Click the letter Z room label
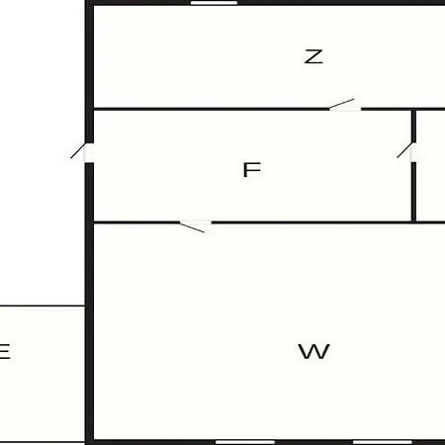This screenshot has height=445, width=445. coord(313,56)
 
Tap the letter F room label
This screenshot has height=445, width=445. coord(252,170)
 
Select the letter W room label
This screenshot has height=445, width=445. coord(313,351)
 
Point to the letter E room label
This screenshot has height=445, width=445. coord(4,351)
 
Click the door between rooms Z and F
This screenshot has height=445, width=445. coord(344,106)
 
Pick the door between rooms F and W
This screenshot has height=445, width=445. coord(195,225)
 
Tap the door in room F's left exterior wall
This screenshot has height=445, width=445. coord(82,152)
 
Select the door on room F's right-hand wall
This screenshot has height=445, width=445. coord(406,152)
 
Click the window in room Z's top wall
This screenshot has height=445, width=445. coord(214,3)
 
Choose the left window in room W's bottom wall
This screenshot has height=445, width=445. coord(245,442)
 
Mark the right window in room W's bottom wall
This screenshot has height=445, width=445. coord(383,442)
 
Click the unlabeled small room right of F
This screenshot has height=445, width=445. coord(430,165)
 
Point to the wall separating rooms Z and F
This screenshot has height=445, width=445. coord(212,109)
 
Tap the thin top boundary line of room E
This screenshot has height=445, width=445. coord(43,306)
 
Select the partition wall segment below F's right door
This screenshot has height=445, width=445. coord(413,192)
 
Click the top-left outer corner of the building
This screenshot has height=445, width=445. coord(85,1)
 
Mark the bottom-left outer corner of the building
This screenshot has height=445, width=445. coord(85,444)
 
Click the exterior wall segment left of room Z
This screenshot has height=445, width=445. coord(89,56)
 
